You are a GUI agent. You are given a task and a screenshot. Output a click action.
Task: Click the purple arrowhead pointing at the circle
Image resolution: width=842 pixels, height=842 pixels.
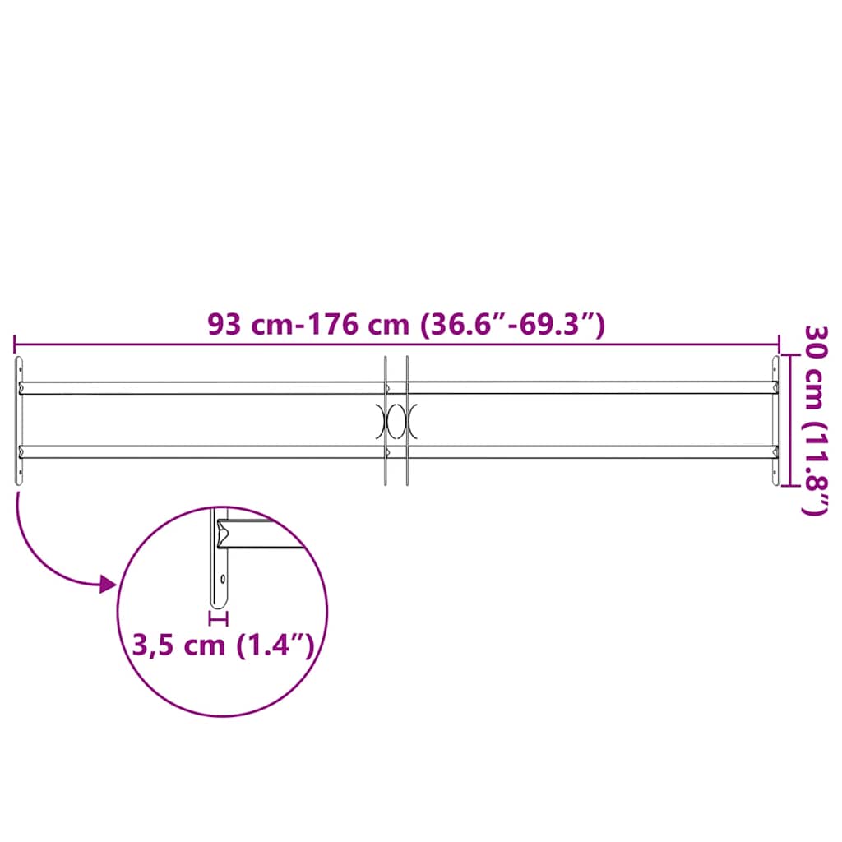107,585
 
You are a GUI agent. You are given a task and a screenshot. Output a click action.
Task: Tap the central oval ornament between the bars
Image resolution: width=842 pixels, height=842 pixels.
396,420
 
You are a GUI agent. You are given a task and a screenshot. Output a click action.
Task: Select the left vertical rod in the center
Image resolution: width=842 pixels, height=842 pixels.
385,460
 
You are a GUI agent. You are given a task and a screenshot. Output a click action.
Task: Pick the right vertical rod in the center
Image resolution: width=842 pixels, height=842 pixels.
407,460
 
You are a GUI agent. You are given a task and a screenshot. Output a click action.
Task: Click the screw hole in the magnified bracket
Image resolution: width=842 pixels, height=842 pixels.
222,577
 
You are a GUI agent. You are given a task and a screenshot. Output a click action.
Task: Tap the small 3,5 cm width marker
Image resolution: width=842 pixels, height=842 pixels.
219,616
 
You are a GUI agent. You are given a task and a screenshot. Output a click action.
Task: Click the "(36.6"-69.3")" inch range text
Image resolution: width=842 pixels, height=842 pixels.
512,325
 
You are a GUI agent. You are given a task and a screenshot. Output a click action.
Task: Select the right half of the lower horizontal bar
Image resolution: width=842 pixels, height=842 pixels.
592,451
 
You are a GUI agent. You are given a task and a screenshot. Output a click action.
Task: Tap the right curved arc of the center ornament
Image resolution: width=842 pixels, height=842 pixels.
414,420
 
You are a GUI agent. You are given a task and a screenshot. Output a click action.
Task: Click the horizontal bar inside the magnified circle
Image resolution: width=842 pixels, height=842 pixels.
263,535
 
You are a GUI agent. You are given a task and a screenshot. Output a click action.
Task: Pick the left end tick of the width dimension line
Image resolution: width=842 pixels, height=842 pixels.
15,345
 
